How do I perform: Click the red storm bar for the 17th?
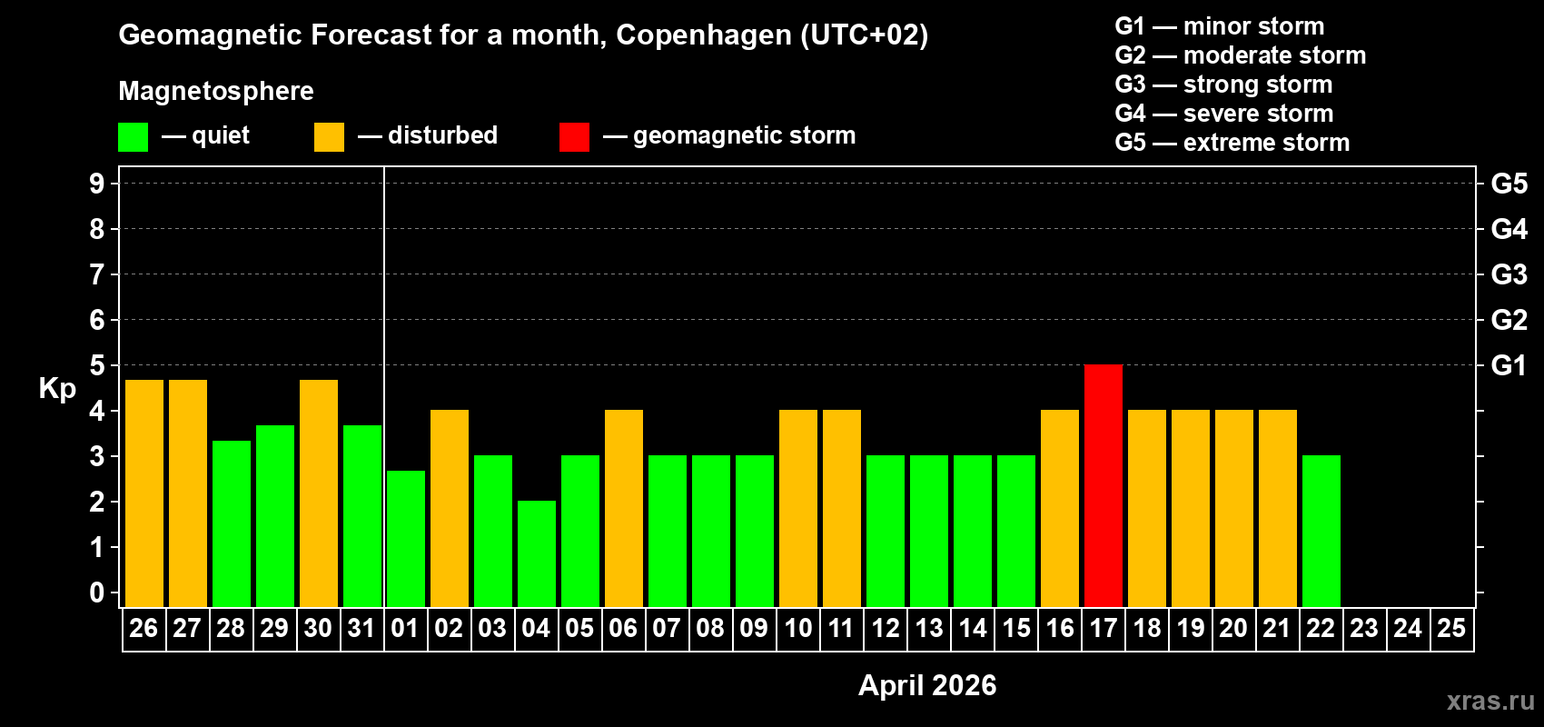pos(1103,485)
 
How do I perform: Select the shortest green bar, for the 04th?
pos(537,553)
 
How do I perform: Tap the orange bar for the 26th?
pos(144,493)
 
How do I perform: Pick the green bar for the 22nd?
pos(1321,531)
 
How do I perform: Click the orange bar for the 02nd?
pos(450,508)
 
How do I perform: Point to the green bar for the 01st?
pos(406,538)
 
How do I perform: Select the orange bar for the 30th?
pos(319,493)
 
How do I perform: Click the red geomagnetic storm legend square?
pos(574,137)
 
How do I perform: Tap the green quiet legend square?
pos(134,137)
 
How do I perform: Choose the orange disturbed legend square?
pos(329,137)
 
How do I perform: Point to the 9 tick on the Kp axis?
pos(97,184)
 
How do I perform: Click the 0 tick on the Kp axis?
pos(97,593)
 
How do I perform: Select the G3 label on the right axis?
pos(1509,274)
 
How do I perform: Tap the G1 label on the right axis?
pos(1509,365)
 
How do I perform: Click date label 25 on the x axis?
pos(1451,628)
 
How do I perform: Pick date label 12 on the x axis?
pos(885,628)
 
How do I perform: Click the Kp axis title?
pos(57,388)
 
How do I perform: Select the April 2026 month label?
pos(927,685)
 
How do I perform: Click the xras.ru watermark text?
pos(1490,700)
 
